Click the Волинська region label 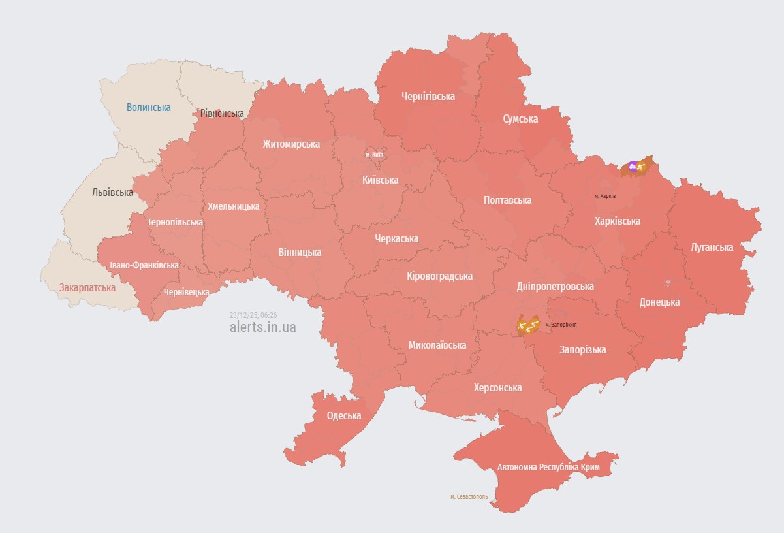[x=149, y=107]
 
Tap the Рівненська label [x=222, y=114]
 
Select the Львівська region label [x=112, y=192]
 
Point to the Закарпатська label [x=87, y=287]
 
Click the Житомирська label [x=291, y=144]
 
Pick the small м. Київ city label [x=374, y=155]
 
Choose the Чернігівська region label [x=428, y=96]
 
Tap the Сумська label [x=520, y=119]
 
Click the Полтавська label [x=507, y=200]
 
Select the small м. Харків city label [x=604, y=196]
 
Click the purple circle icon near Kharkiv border [x=633, y=166]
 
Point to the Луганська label [x=712, y=247]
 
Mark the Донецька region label [x=659, y=302]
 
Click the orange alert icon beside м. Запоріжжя [x=527, y=324]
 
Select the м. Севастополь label [x=469, y=496]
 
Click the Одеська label [x=344, y=415]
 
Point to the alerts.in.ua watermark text [x=262, y=327]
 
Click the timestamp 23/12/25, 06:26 [x=253, y=315]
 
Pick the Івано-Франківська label [x=144, y=265]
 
